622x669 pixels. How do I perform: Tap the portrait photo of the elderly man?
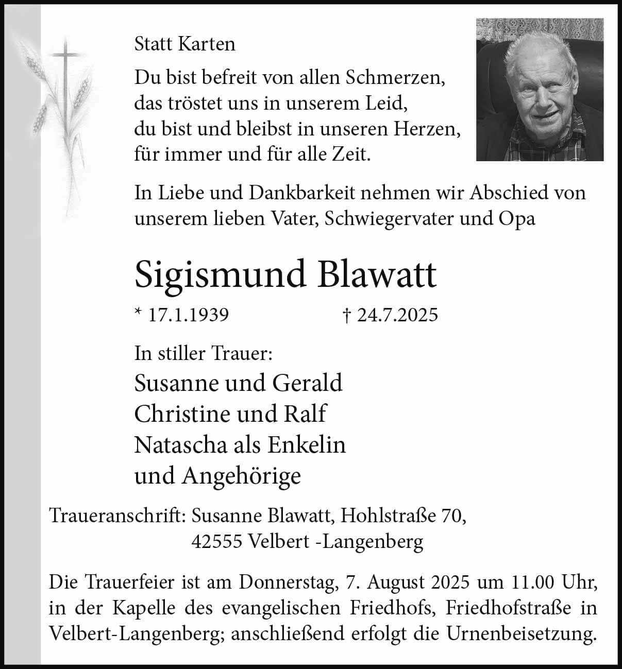[x=540, y=90]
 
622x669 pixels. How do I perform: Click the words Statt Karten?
[x=184, y=44]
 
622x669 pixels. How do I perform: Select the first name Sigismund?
[x=220, y=275]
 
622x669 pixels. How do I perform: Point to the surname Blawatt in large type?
[x=377, y=275]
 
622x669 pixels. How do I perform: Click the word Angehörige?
[x=241, y=476]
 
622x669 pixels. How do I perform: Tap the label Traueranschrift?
[x=117, y=516]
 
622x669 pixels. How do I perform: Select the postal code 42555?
[x=216, y=541]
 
